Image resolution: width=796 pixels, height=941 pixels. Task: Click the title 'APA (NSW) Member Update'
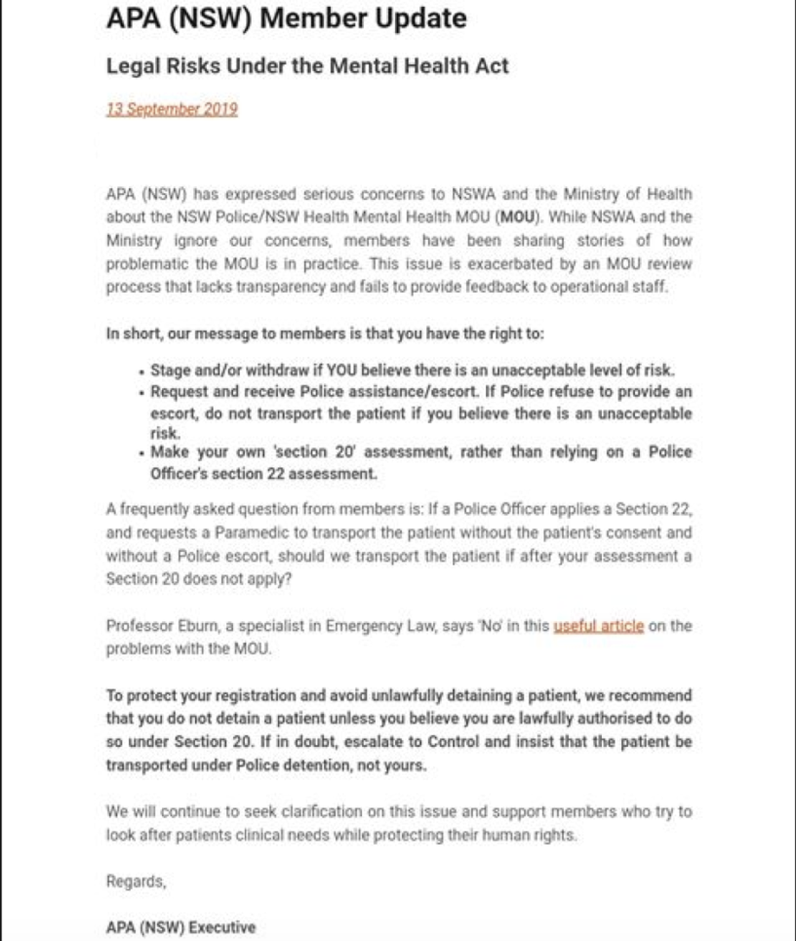[x=286, y=19]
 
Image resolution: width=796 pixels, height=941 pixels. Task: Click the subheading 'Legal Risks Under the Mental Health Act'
[x=307, y=66]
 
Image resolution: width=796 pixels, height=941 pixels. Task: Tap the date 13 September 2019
[x=172, y=109]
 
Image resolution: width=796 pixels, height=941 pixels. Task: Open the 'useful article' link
[x=598, y=626]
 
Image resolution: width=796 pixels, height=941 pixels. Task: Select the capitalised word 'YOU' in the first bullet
[x=344, y=371]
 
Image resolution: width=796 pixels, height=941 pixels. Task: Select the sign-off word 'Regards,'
[x=136, y=882]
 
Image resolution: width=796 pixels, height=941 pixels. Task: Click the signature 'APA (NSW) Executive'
[x=180, y=927]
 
